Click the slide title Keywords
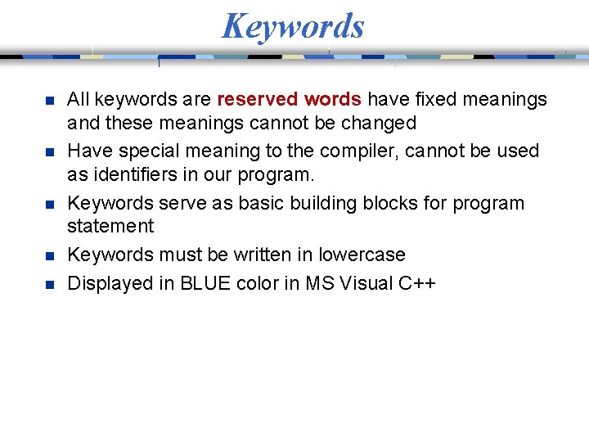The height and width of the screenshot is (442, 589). [x=293, y=26]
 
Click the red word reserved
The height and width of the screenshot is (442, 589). [x=257, y=100]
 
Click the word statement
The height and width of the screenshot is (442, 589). [x=110, y=226]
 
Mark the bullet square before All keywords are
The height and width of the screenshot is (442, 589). [x=49, y=101]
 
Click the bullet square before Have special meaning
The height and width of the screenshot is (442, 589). [x=49, y=153]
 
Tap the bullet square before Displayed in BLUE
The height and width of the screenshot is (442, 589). [x=49, y=285]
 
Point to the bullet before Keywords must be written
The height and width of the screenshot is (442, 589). [x=49, y=256]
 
